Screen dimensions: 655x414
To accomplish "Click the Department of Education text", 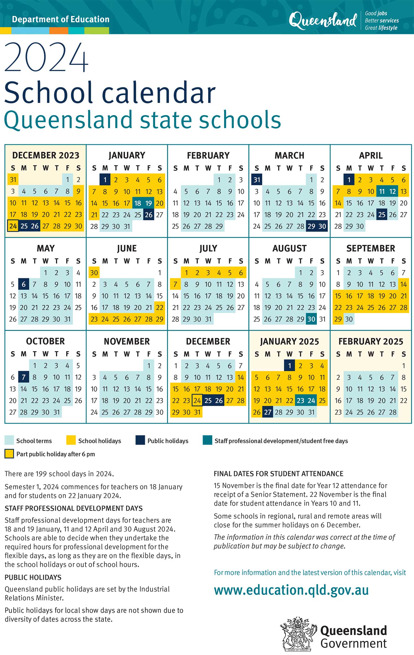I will pyautogui.click(x=61, y=19).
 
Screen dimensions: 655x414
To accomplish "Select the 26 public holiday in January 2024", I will pyautogui.click(x=149, y=215).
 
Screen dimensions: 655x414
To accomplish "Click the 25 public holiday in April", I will pyautogui.click(x=382, y=215).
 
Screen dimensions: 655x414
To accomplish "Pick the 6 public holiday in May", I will pyautogui.click(x=24, y=284).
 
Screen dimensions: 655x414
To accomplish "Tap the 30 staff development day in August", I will pyautogui.click(x=311, y=319).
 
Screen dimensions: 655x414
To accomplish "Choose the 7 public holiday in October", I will pyautogui.click(x=24, y=377).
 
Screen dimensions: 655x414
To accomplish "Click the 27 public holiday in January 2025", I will pyautogui.click(x=268, y=412).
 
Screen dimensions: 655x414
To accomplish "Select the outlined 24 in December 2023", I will pyautogui.click(x=13, y=226).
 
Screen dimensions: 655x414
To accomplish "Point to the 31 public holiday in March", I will pyautogui.click(x=257, y=180).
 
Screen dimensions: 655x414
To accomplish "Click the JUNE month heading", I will pyautogui.click(x=127, y=248).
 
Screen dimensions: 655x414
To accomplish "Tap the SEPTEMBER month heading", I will pyautogui.click(x=371, y=248).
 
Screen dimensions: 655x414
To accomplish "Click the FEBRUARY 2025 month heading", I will pyautogui.click(x=371, y=341).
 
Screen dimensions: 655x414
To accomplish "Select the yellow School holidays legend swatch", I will pyautogui.click(x=71, y=440).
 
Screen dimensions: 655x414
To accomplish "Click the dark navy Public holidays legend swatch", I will pyautogui.click(x=140, y=440).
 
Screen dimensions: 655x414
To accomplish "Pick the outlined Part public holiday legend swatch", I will pyautogui.click(x=9, y=454).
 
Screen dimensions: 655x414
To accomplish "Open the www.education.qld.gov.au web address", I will pyautogui.click(x=291, y=590).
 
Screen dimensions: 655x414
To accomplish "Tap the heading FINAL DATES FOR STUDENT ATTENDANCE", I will pyautogui.click(x=278, y=474).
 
